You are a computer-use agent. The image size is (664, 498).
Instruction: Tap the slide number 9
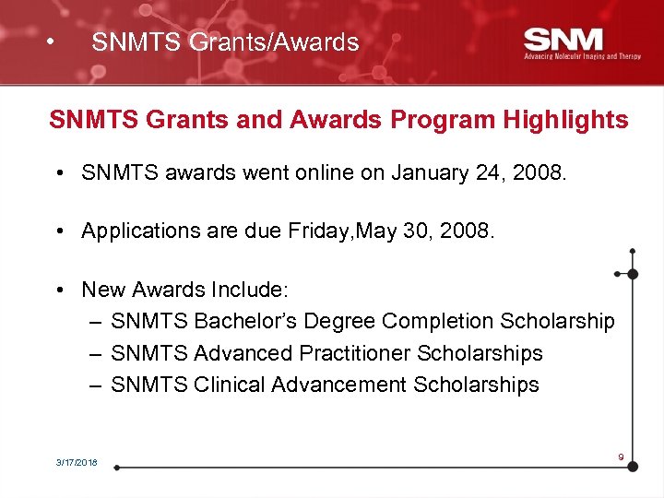pyautogui.click(x=622, y=456)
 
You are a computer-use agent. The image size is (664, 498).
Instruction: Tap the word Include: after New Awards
pyautogui.click(x=249, y=290)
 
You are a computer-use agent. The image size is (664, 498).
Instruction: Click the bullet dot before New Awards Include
pyautogui.click(x=58, y=290)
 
